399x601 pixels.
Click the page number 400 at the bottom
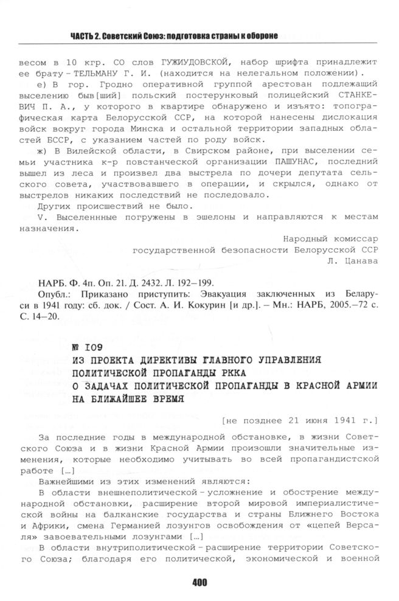point(199,582)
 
